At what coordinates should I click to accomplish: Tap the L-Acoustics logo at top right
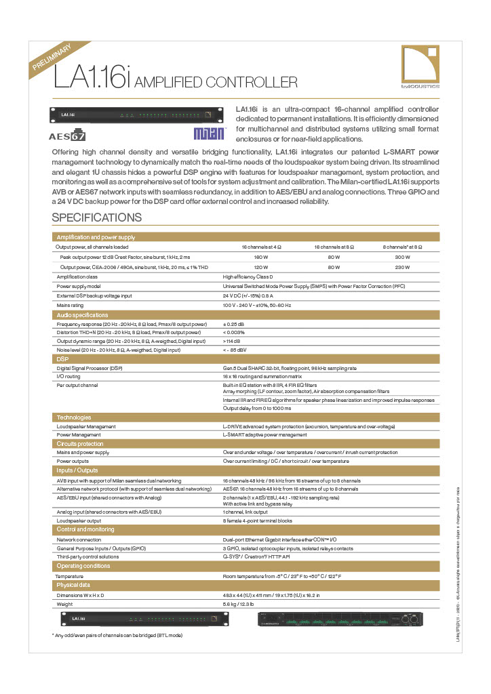point(420,66)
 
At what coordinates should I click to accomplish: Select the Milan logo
point(208,134)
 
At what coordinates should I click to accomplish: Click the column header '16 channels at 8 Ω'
point(332,247)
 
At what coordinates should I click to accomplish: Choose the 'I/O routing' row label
point(68,376)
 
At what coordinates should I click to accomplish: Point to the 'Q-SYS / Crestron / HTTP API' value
point(256,556)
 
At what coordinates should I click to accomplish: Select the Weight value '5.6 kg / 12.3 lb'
point(239,603)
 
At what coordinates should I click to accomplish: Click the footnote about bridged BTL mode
point(117,635)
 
